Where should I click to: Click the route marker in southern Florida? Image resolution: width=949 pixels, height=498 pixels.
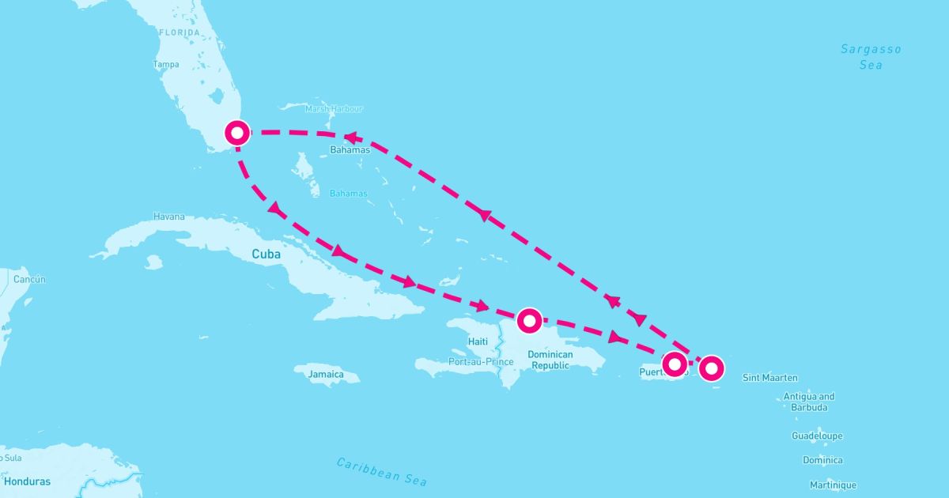[236, 132]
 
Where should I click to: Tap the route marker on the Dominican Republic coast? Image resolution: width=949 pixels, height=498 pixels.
[528, 320]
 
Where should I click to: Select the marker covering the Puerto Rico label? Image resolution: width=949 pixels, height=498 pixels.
[674, 364]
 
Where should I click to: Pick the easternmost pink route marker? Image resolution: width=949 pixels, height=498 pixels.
[712, 368]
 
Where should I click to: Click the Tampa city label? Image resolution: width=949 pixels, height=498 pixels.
[166, 64]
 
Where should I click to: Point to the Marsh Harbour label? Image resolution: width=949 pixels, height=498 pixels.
[334, 109]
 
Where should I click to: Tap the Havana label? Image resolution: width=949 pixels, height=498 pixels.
[169, 217]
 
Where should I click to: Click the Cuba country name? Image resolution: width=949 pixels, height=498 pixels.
[266, 255]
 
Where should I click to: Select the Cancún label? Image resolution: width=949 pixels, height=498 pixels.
[30, 280]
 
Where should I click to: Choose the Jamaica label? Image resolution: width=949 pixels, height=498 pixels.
[326, 374]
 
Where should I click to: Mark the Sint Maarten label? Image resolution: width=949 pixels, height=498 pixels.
[770, 378]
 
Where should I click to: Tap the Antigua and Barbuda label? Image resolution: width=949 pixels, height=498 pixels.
[808, 402]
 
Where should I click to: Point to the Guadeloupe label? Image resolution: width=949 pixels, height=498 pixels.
[817, 436]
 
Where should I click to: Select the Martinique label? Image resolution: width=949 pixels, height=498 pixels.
[833, 485]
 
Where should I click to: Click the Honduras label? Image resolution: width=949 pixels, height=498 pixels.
[27, 481]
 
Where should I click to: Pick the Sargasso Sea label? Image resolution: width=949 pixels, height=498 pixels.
[871, 57]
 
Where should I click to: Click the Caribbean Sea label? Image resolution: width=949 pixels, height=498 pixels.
[381, 472]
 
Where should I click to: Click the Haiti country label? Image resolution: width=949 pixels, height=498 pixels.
[478, 341]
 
